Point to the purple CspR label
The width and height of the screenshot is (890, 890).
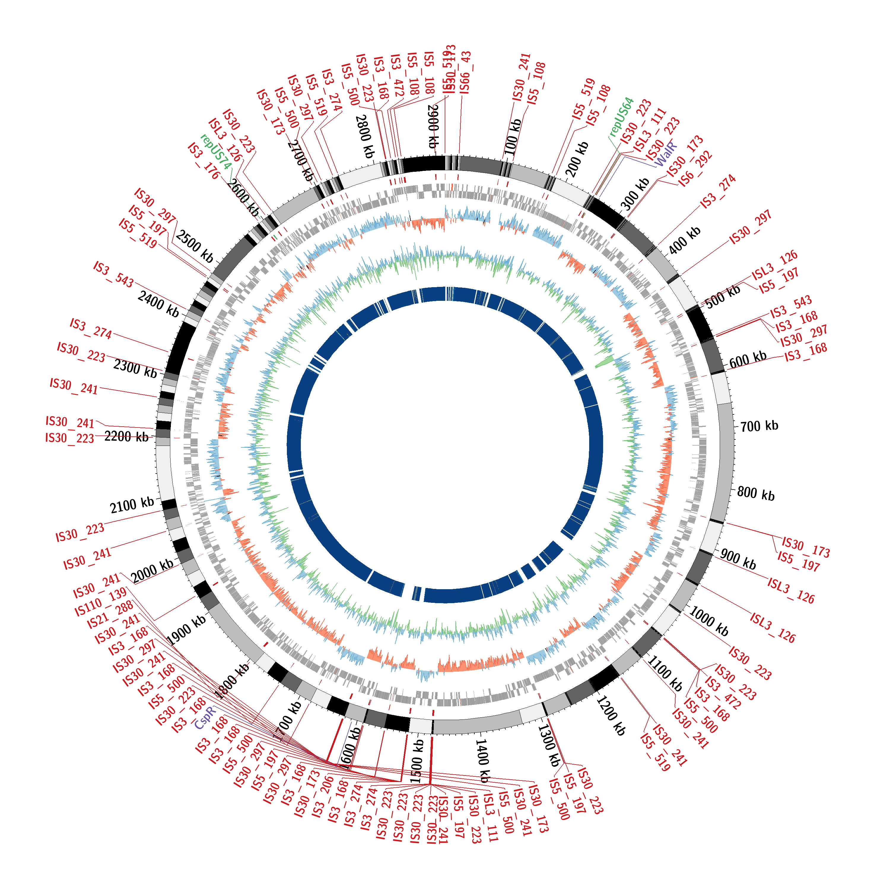point(205,718)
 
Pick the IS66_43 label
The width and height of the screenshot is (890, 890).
point(465,73)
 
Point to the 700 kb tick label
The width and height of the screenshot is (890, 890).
point(759,426)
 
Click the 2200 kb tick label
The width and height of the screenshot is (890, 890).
point(126,436)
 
